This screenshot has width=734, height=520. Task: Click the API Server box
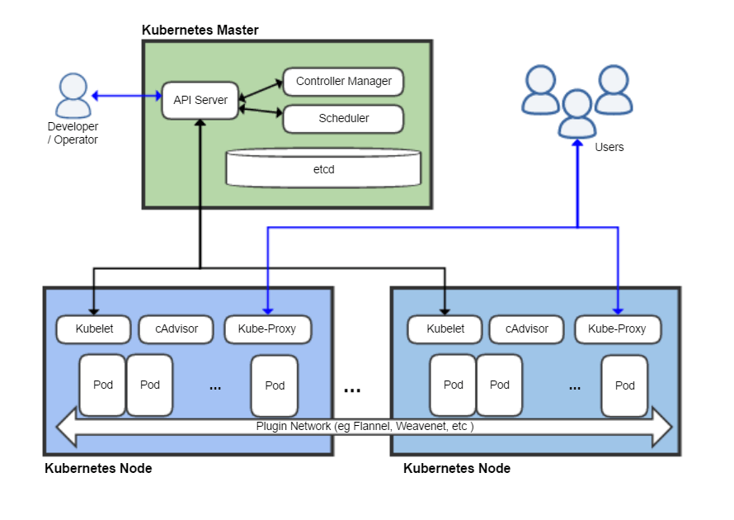200,100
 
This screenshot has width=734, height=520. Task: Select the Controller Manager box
343,82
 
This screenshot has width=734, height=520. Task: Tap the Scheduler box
343,118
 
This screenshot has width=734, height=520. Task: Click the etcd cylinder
323,168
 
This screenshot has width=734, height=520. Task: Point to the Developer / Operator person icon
73,95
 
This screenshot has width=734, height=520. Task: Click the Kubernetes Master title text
200,31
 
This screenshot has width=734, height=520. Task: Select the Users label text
609,147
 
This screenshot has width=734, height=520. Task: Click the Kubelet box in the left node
94,329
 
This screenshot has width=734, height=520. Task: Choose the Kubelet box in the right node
445,329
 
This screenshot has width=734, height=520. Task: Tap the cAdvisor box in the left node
175,329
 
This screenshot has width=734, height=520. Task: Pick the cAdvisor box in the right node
526,329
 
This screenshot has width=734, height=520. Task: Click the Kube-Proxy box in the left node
266,329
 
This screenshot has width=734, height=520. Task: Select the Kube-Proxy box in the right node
617,329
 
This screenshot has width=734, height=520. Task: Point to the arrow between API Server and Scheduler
261,111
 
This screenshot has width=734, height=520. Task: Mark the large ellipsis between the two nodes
352,389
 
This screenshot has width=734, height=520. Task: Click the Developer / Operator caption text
73,133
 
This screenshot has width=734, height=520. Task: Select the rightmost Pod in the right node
624,385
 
